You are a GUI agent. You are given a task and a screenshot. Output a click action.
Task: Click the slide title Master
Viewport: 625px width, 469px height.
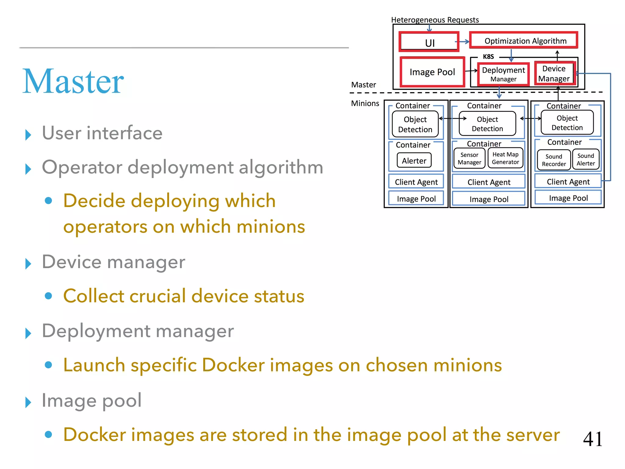(x=73, y=81)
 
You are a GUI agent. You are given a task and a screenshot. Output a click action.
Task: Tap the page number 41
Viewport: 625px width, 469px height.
(x=593, y=439)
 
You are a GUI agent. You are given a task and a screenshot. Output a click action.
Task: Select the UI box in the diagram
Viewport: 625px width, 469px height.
(x=429, y=42)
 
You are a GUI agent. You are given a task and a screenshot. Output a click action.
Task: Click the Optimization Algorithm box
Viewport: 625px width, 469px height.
(x=524, y=41)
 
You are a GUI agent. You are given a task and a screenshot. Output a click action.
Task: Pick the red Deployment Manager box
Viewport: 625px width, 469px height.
(x=503, y=74)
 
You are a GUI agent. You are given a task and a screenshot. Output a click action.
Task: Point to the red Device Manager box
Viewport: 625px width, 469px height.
(x=554, y=74)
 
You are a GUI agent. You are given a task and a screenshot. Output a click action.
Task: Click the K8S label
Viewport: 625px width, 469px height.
(x=488, y=56)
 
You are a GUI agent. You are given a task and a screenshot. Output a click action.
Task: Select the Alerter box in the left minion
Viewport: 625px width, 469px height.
(x=414, y=160)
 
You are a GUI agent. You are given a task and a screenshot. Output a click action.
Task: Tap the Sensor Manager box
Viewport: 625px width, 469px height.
(x=469, y=158)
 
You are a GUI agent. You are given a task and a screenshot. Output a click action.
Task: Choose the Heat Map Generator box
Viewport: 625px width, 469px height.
(x=505, y=158)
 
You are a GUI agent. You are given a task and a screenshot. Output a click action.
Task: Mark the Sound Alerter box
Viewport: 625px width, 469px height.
(x=586, y=159)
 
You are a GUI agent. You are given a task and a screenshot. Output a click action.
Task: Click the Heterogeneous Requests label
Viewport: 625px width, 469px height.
(x=435, y=20)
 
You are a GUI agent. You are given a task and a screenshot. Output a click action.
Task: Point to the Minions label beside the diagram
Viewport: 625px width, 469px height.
(x=365, y=103)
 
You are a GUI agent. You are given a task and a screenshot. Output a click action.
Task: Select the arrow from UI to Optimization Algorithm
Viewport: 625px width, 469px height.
(x=464, y=42)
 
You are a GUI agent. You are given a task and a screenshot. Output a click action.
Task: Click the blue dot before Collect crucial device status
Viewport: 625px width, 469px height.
(x=48, y=296)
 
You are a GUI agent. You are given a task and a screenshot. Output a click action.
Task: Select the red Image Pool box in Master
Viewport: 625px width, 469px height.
(x=432, y=72)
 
